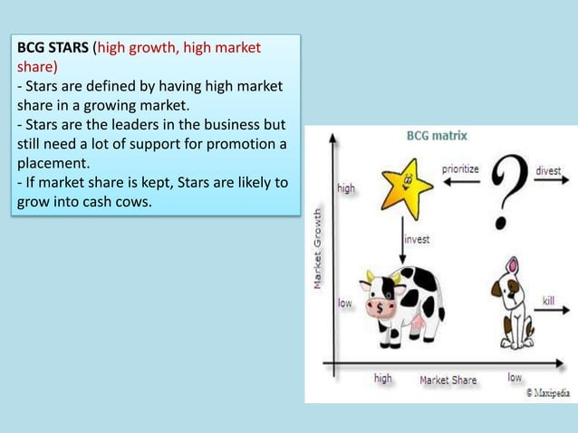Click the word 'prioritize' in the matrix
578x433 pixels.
pos(461,168)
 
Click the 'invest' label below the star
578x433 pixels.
pos(417,240)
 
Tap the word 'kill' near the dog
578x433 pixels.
pos(548,300)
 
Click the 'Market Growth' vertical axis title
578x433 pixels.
pos(318,245)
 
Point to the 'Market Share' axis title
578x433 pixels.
pos(448,380)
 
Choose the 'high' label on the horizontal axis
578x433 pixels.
pos(383,379)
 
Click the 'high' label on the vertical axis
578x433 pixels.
pos(346,189)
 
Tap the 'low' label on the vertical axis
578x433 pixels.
pos(345,303)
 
